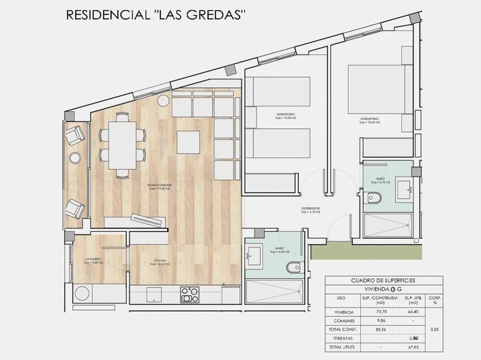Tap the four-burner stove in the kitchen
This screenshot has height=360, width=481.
point(189,295)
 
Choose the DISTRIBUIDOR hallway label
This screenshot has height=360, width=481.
point(311,210)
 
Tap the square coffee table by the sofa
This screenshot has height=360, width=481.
point(189,142)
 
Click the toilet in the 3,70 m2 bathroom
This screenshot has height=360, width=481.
point(374,199)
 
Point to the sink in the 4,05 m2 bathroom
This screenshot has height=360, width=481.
point(253,254)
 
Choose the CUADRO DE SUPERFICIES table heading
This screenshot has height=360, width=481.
point(383,280)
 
